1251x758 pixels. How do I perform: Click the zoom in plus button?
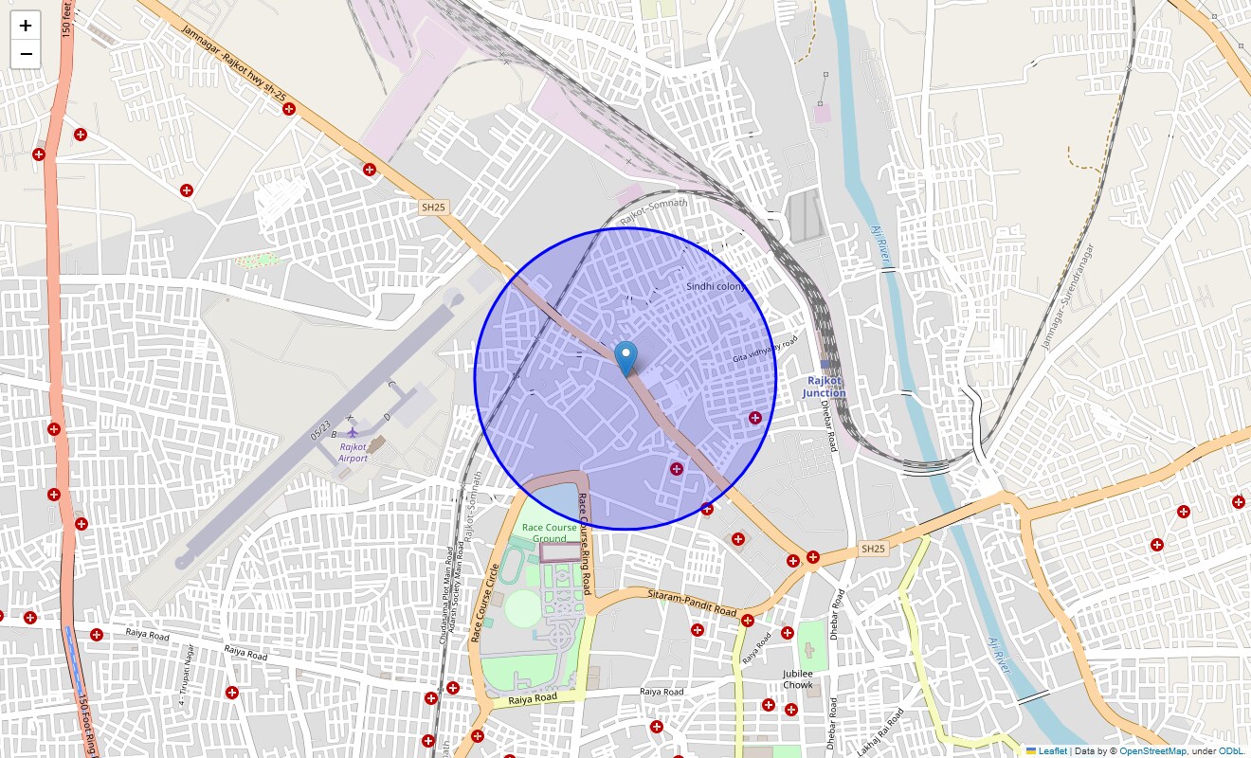[x=26, y=26]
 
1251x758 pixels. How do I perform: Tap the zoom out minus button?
[x=26, y=54]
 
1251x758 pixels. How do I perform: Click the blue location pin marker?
[x=625, y=358]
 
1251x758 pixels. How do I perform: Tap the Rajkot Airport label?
[x=353, y=452]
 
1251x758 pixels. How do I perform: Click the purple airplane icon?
[x=353, y=433]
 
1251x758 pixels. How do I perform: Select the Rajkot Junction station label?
[x=824, y=387]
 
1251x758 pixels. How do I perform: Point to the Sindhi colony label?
[x=716, y=285]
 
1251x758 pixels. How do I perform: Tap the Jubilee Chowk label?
[x=798, y=678]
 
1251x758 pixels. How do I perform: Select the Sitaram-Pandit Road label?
[x=692, y=603]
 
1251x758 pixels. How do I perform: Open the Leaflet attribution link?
[x=1053, y=750]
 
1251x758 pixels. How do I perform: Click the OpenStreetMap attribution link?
[x=1152, y=750]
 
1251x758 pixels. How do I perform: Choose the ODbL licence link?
[x=1232, y=750]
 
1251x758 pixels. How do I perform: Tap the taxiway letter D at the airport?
[x=387, y=417]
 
